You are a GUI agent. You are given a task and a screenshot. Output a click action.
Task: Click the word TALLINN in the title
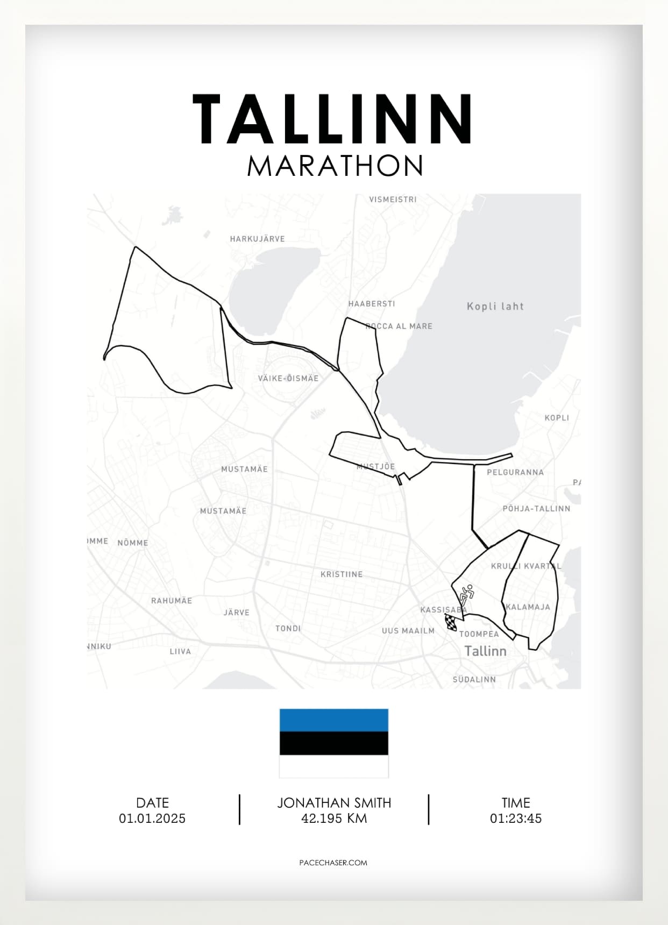click(x=333, y=119)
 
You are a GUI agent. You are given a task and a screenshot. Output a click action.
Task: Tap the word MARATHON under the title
click(x=335, y=166)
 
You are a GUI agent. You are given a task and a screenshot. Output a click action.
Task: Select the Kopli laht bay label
click(x=495, y=307)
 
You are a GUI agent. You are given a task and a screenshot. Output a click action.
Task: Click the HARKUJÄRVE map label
click(x=257, y=239)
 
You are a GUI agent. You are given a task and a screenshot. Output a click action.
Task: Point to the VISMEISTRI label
click(x=393, y=200)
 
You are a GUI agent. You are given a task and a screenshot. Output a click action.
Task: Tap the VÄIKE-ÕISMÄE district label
click(x=288, y=379)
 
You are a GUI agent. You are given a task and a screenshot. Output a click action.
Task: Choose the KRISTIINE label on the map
click(x=342, y=574)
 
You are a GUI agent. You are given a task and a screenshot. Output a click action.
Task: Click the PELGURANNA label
click(x=515, y=473)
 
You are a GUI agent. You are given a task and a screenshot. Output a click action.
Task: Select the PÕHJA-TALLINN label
click(x=536, y=509)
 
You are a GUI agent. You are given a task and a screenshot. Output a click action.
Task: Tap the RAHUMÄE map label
click(x=171, y=601)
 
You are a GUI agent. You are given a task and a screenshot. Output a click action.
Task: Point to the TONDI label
click(x=288, y=629)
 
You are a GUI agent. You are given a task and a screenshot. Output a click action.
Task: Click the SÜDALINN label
click(x=474, y=680)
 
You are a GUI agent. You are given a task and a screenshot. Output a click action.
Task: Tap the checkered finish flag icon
click(x=451, y=623)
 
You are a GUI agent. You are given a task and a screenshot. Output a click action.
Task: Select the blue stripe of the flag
click(x=333, y=720)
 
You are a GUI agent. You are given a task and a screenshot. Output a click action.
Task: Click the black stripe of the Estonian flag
click(x=333, y=743)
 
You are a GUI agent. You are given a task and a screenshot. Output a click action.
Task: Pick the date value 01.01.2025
click(x=152, y=819)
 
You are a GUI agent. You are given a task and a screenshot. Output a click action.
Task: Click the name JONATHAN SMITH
click(x=334, y=803)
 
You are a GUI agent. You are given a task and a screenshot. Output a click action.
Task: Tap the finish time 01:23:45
click(x=515, y=819)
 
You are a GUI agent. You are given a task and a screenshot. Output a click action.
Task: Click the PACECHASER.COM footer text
click(x=333, y=863)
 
